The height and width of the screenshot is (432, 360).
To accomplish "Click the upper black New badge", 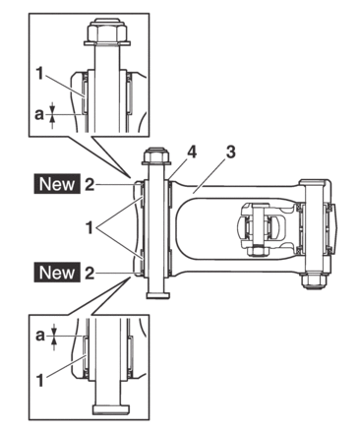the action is (x=57, y=184).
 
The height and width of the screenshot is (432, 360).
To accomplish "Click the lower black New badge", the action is (x=57, y=273).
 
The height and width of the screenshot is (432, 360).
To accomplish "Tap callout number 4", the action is (x=192, y=153).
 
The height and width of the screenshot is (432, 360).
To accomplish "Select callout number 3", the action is (x=231, y=153).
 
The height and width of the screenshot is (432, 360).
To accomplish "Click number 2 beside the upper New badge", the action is (x=90, y=184).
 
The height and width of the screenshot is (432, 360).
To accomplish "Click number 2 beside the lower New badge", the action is (x=90, y=273).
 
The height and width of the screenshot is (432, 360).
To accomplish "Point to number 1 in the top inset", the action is (x=39, y=74).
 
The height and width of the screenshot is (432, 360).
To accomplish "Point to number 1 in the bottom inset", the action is (x=39, y=380).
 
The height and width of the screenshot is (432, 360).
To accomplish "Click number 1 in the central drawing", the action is (x=90, y=228).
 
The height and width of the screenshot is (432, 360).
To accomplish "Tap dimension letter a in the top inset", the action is (x=39, y=114).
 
